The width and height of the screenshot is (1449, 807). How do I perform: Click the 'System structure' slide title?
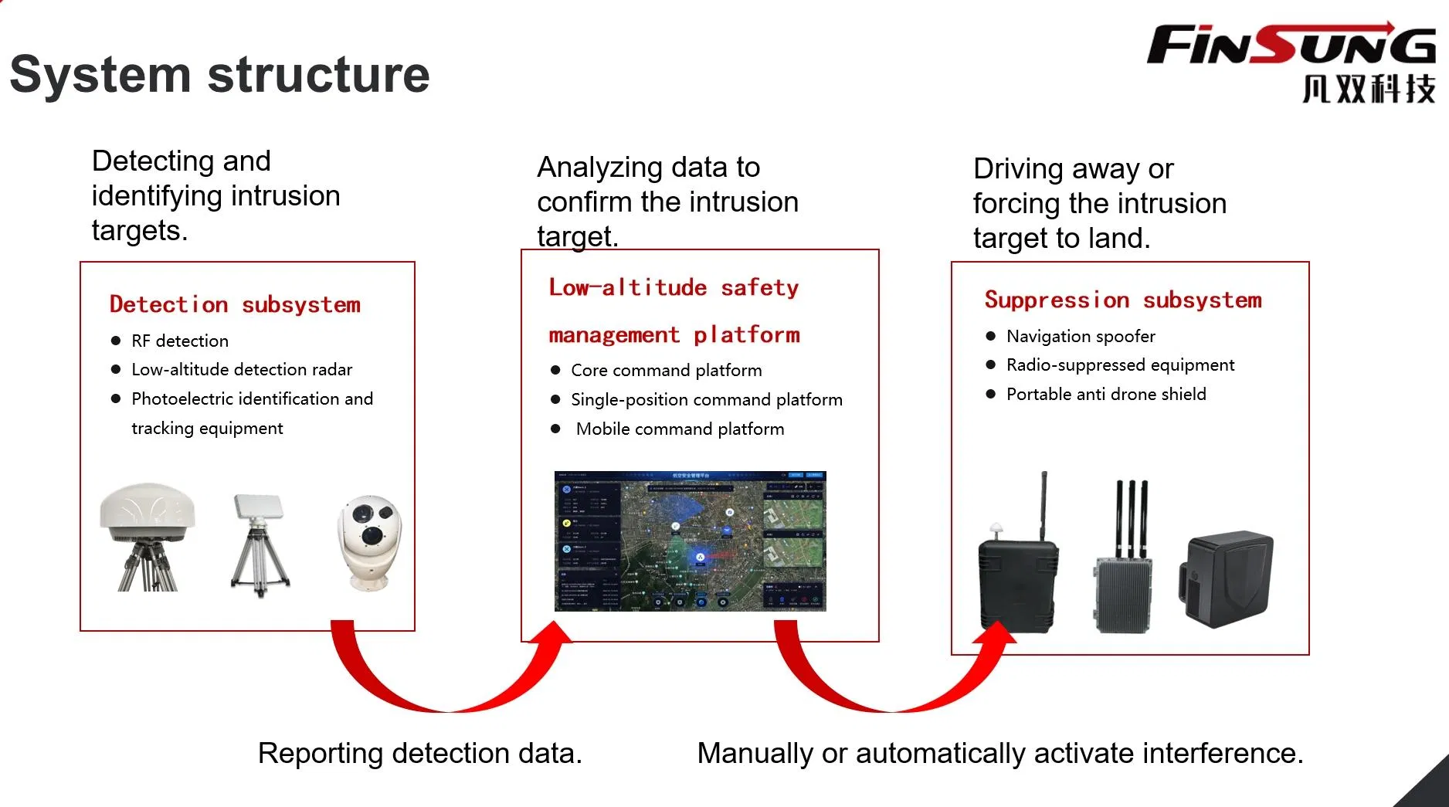point(219,75)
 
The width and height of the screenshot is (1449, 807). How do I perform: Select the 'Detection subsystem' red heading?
point(235,304)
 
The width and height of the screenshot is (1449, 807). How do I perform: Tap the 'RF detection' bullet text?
point(180,341)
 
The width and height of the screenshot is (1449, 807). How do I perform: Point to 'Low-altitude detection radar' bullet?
point(242,369)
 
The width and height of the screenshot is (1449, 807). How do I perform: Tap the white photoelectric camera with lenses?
point(369,541)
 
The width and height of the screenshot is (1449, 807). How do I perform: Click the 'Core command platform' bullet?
point(666,370)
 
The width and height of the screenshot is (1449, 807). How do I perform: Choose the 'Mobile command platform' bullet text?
point(680,429)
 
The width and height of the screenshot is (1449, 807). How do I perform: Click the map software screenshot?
point(690,541)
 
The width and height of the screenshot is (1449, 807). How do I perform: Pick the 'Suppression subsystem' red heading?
point(1123,300)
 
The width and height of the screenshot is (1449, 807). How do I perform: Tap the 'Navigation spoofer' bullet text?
point(1081,336)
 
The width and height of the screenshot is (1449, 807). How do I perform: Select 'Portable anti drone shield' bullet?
point(1106,394)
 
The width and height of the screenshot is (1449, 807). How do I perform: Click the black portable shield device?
point(1226,579)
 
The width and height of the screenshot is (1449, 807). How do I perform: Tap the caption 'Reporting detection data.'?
point(419,753)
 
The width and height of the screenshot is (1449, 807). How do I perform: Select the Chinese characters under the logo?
point(1369,89)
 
